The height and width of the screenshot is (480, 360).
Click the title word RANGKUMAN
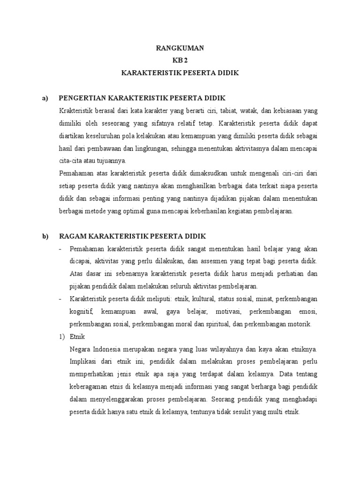[180, 48]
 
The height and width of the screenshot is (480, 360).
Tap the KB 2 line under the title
[180, 60]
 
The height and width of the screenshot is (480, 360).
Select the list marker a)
[45, 98]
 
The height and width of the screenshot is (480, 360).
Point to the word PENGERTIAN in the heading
[82, 98]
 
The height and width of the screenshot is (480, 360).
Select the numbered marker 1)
[62, 337]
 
